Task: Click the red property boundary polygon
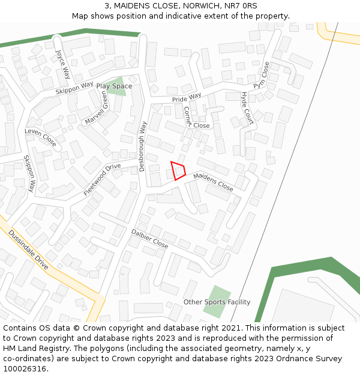[x=178, y=170]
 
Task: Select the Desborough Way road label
[x=143, y=146]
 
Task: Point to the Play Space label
[x=114, y=86]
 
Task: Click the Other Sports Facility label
[x=217, y=302]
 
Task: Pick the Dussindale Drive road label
[x=29, y=251]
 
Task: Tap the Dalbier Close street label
[x=149, y=238]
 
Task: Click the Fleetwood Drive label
[x=102, y=179]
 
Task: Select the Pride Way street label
[x=187, y=98]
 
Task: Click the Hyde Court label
[x=247, y=108]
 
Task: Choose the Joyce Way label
[x=63, y=64]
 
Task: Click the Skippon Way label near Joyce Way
[x=74, y=88]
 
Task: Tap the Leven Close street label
[x=40, y=138]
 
